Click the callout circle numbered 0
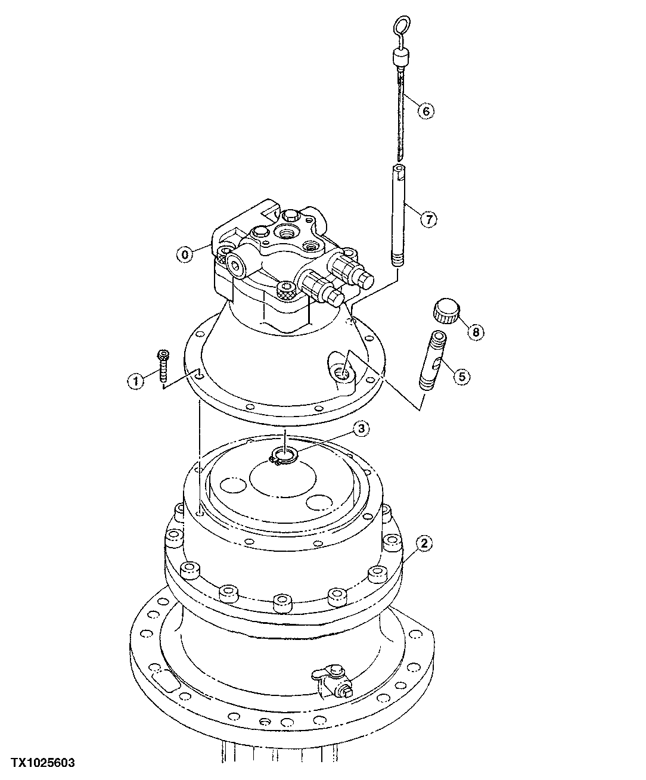coord(185,254)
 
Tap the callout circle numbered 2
coord(424,543)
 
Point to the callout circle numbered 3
coord(361,428)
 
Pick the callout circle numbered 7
coord(428,219)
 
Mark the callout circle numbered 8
coord(476,332)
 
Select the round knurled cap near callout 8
coord(446,311)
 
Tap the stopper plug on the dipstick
coord(400,58)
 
